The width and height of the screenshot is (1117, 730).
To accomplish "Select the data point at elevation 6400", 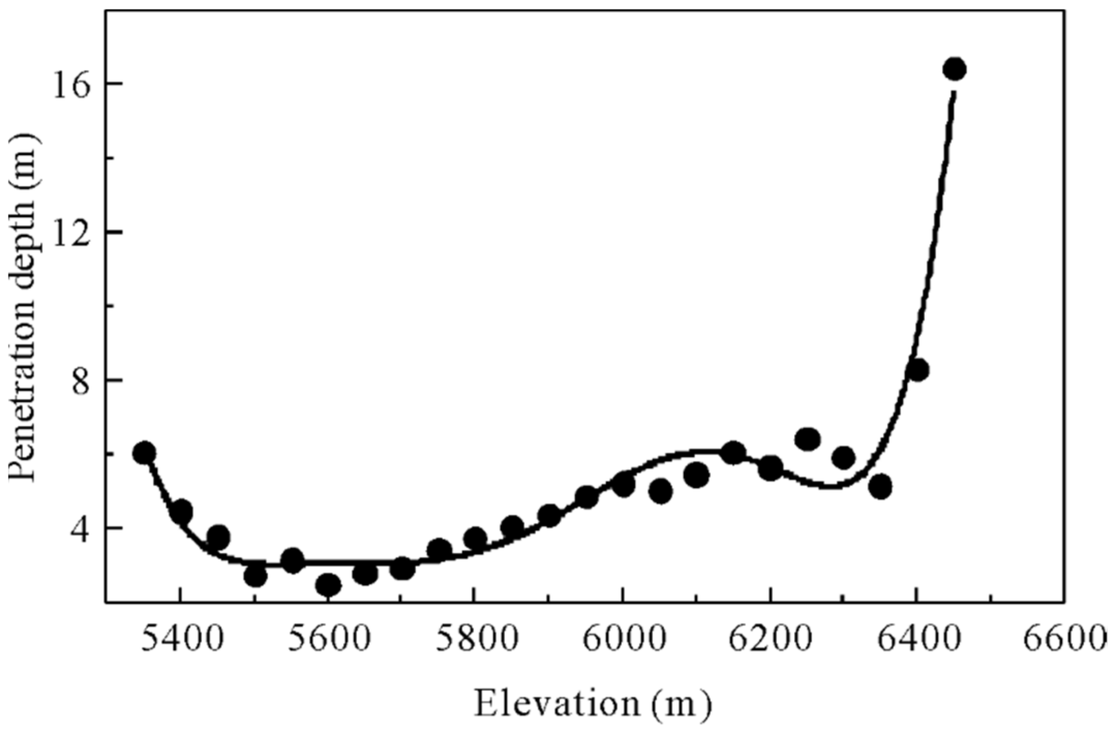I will [x=917, y=370].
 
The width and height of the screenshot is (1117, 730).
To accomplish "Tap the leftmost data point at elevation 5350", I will [x=144, y=453].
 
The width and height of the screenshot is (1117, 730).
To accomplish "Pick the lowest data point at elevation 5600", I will [x=328, y=585].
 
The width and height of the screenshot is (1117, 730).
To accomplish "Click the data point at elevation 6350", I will [x=880, y=486].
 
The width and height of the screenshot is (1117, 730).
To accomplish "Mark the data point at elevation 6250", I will [x=807, y=439].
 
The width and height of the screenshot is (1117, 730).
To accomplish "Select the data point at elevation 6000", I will [x=624, y=485].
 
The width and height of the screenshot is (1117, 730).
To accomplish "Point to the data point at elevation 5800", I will [x=475, y=539].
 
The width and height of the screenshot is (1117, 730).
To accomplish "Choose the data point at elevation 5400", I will [x=181, y=512].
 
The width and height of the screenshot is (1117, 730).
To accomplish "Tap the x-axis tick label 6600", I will [x=1068, y=639].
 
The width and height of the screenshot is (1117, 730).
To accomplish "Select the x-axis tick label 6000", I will [x=624, y=639].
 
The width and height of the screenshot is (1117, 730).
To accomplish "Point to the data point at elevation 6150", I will [x=733, y=453].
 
